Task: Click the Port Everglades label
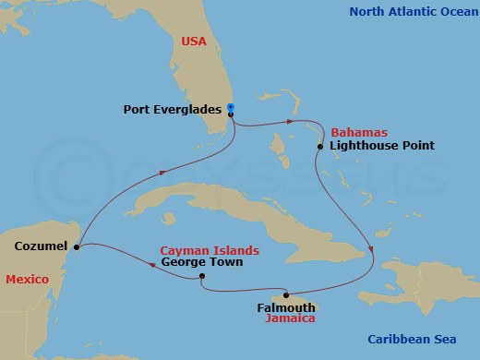[173, 109]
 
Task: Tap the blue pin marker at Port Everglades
[230, 107]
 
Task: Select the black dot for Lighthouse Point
[319, 146]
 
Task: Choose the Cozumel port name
[41, 246]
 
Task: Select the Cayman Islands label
[209, 250]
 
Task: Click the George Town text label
[202, 262]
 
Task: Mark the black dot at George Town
[200, 274]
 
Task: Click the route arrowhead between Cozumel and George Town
[152, 264]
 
